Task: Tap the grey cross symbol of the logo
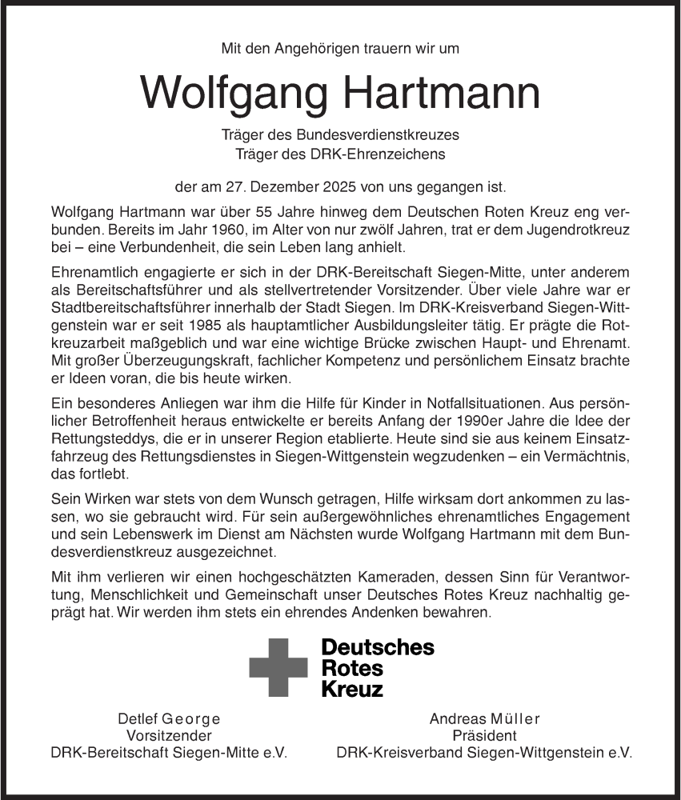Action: (x=278, y=667)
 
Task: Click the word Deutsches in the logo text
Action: (x=377, y=647)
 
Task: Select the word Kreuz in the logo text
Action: (x=351, y=688)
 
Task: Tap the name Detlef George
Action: (x=168, y=718)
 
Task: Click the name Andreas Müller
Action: (x=484, y=718)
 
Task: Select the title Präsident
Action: (x=484, y=735)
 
